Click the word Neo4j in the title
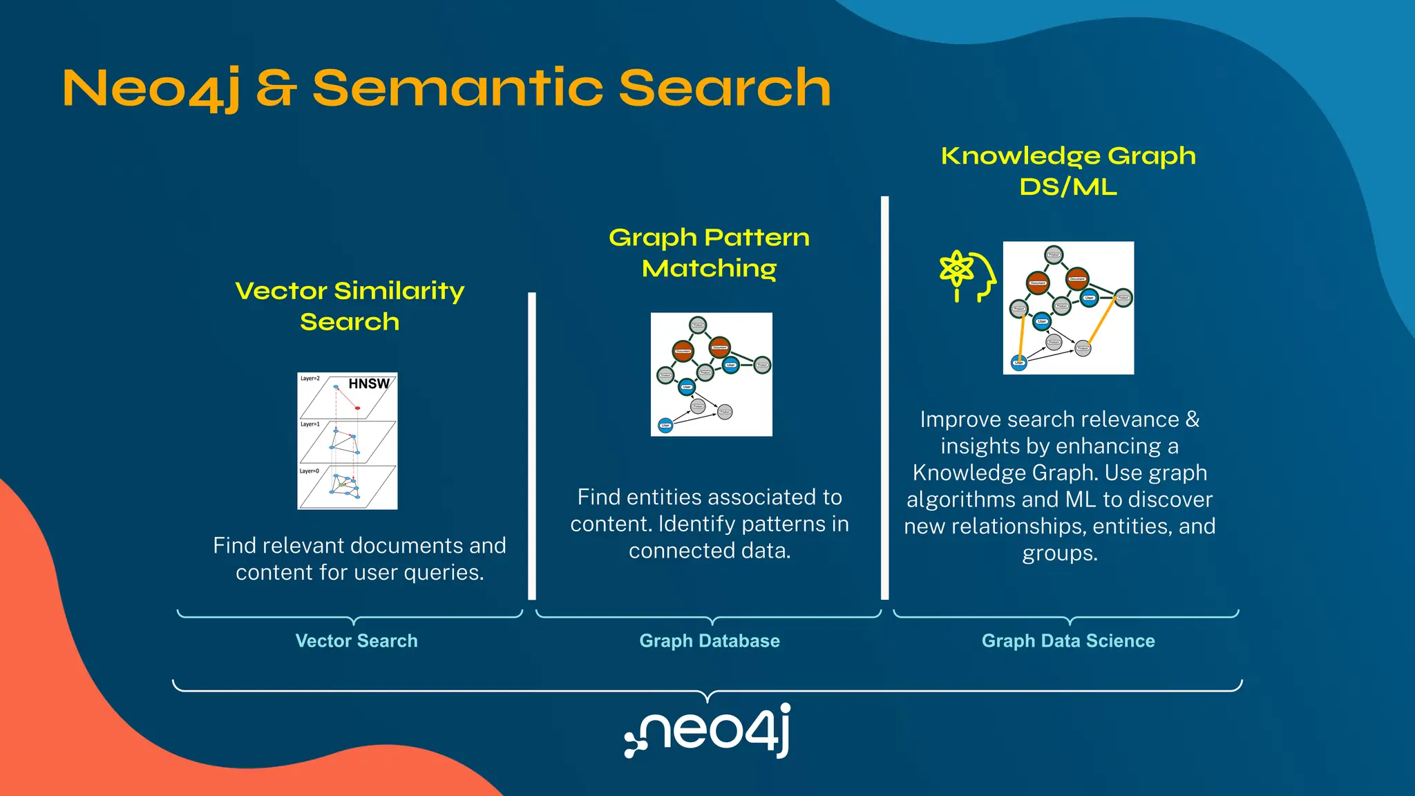[151, 88]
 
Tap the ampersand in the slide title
[276, 88]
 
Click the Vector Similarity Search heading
[350, 306]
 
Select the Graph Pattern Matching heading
[709, 252]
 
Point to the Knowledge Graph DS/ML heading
[1068, 171]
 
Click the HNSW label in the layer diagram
[368, 384]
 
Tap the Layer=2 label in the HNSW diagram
[310, 379]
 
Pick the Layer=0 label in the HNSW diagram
[309, 471]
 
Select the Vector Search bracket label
[357, 641]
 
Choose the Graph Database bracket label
[710, 641]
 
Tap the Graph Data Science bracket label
[1068, 641]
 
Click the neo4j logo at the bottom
[707, 731]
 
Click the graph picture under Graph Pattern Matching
[711, 375]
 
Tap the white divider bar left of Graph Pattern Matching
[532, 446]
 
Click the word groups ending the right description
[1059, 553]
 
